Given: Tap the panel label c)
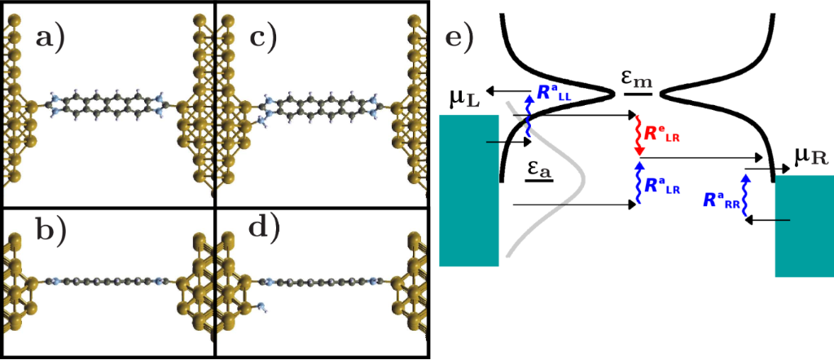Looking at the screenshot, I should pos(262,38).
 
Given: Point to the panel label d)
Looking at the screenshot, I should pos(262,230).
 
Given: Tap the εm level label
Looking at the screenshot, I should pos(638,79).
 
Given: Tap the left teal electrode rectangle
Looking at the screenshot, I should pos(468,190).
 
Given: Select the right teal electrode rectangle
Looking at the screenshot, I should pos(804,226).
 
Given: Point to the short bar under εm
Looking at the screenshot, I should pos(638,94).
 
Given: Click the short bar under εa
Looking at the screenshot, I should pos(538,180).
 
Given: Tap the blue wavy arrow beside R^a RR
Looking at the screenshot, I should pos(745,195).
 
